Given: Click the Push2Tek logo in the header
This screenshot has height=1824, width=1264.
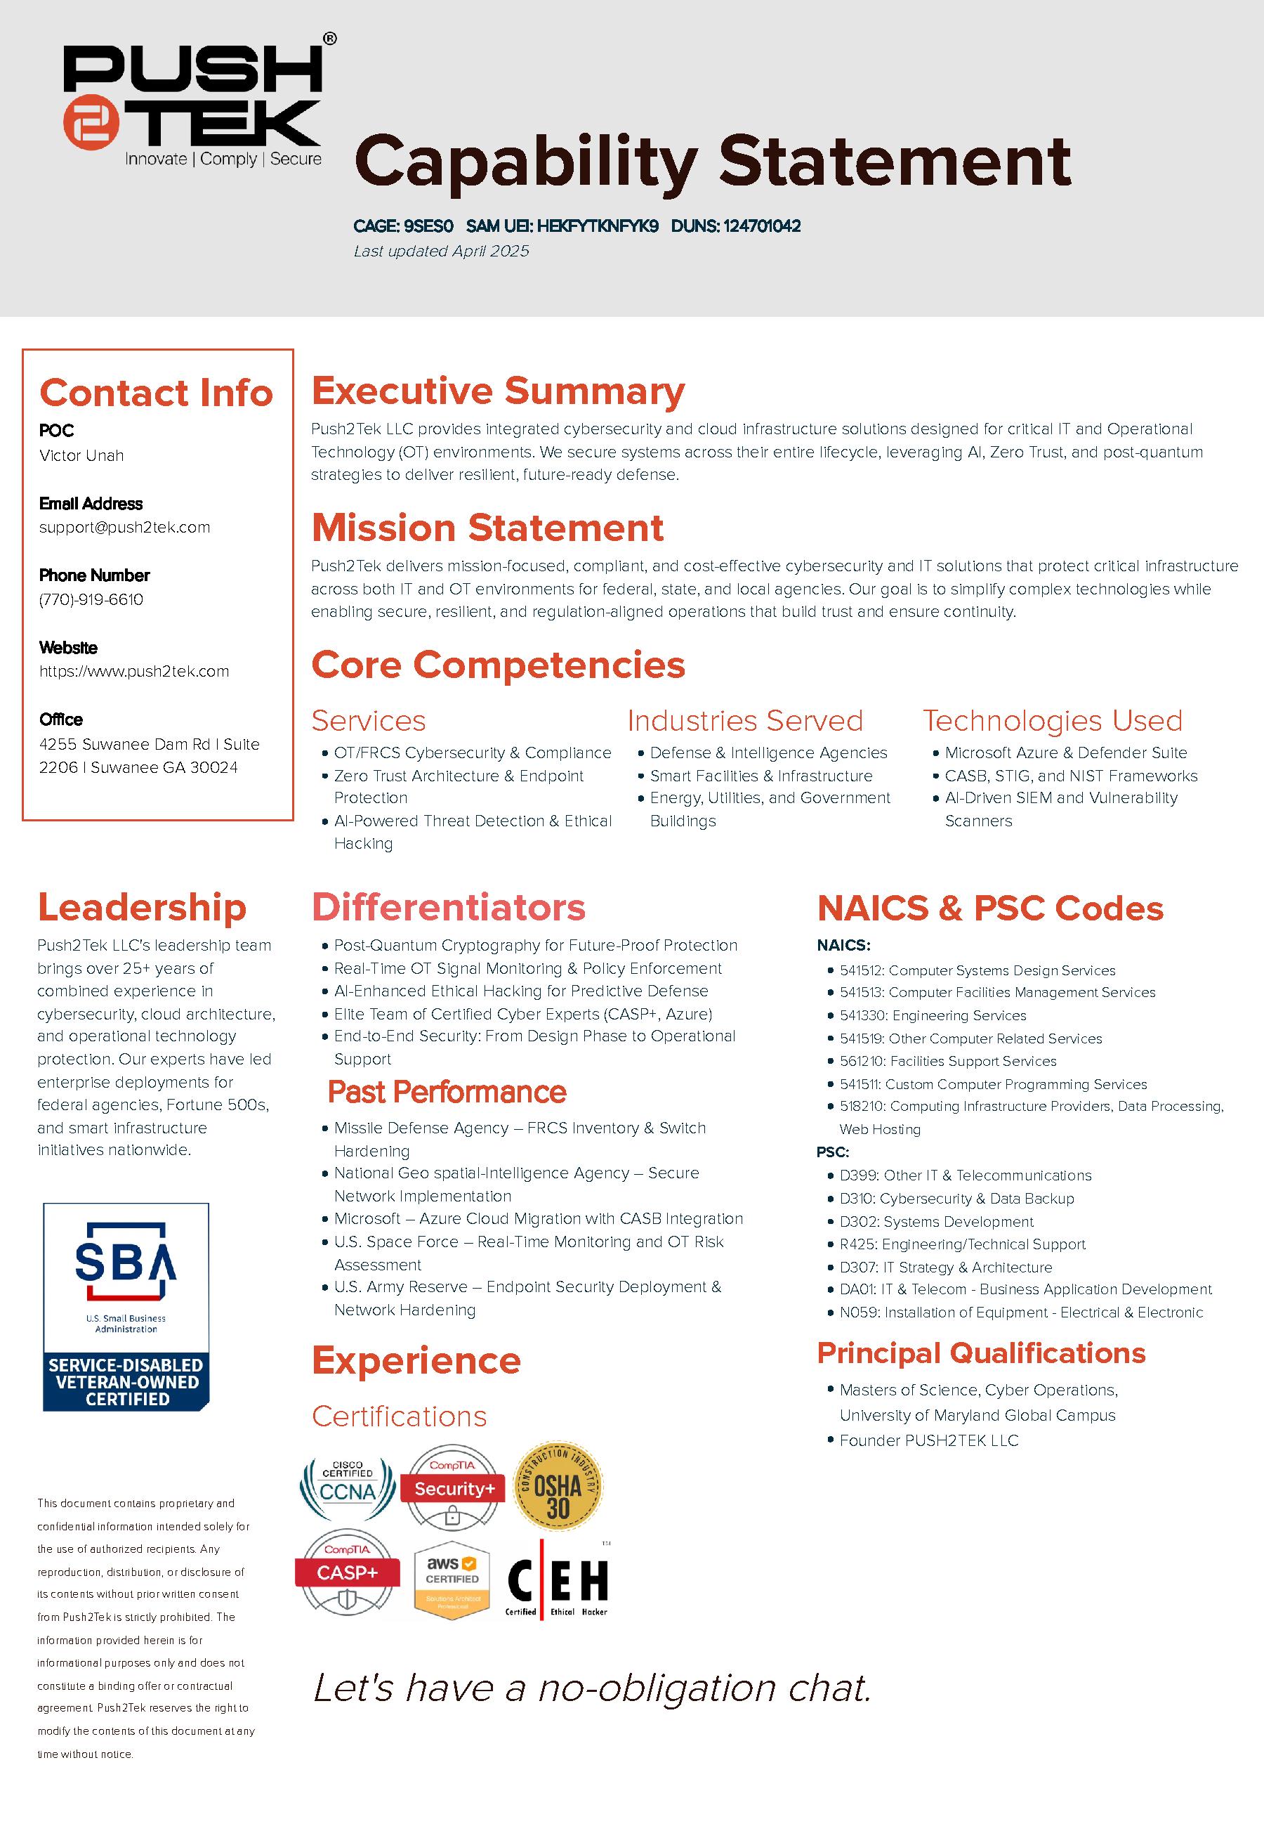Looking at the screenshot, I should click(193, 99).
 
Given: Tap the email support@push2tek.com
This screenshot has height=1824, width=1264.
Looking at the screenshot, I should click(124, 528).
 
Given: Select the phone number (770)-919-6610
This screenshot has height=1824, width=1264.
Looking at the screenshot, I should click(91, 600).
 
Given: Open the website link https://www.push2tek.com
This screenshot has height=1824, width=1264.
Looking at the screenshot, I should click(134, 672).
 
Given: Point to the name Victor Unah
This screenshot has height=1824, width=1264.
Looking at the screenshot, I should click(81, 455).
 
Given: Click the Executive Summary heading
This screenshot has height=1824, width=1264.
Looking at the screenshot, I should click(497, 391).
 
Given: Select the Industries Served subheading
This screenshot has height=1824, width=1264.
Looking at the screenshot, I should click(744, 721).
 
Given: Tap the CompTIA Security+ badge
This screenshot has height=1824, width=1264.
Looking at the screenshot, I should click(452, 1487).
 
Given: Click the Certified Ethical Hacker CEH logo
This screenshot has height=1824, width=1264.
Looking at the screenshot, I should click(557, 1582).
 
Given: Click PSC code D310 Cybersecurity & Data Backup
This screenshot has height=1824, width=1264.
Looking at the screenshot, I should click(956, 1199).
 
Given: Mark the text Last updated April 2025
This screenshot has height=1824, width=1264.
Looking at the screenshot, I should click(441, 251).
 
